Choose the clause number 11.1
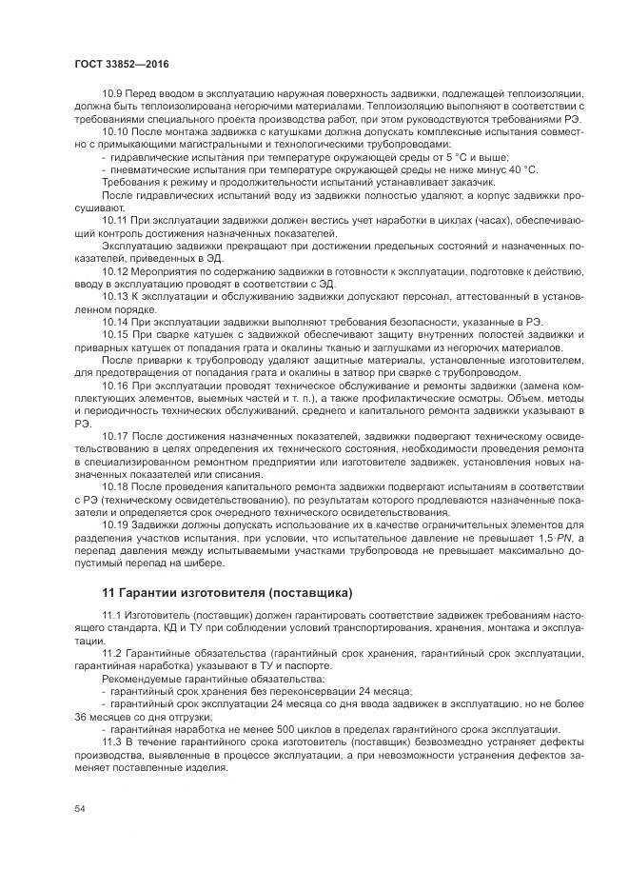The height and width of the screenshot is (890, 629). [111, 618]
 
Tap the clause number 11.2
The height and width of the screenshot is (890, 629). [111, 656]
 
